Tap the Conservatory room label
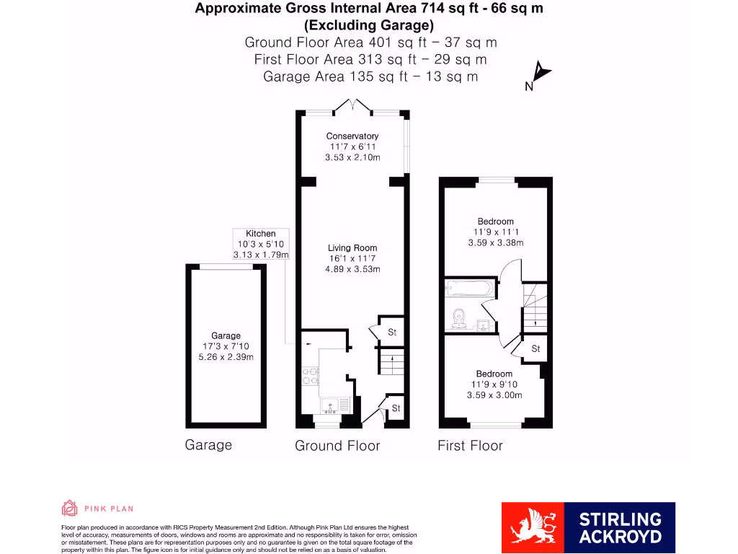pyautogui.click(x=352, y=136)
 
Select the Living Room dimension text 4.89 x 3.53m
pyautogui.click(x=352, y=269)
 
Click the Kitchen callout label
pyautogui.click(x=261, y=234)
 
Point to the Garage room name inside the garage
pyautogui.click(x=226, y=336)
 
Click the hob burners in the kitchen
pyautogui.click(x=310, y=375)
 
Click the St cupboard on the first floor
pyautogui.click(x=535, y=348)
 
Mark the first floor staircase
pyautogui.click(x=534, y=310)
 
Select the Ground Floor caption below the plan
pyautogui.click(x=337, y=446)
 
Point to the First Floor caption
pyautogui.click(x=470, y=446)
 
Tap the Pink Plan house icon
pyautogui.click(x=70, y=509)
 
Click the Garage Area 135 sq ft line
pyautogui.click(x=370, y=76)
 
